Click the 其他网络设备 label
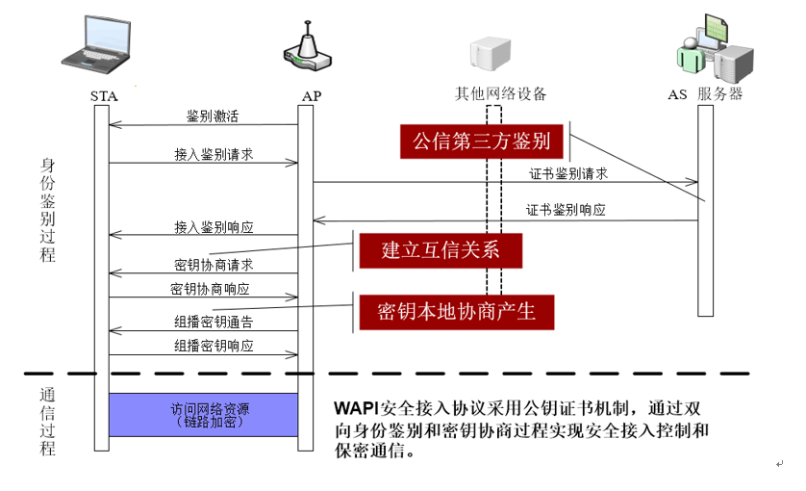[x=500, y=93]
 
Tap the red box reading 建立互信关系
[x=441, y=251]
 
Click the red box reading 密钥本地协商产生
[x=456, y=311]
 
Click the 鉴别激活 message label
[x=213, y=116]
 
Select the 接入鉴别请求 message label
[x=214, y=154]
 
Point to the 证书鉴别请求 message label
[x=568, y=173]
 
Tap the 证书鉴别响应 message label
[x=567, y=210]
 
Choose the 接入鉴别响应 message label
[x=214, y=227]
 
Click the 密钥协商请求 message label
[x=214, y=265]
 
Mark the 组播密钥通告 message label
[x=214, y=322]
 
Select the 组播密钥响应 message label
[x=214, y=346]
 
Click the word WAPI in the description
[x=353, y=406]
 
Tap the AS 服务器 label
[x=706, y=93]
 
